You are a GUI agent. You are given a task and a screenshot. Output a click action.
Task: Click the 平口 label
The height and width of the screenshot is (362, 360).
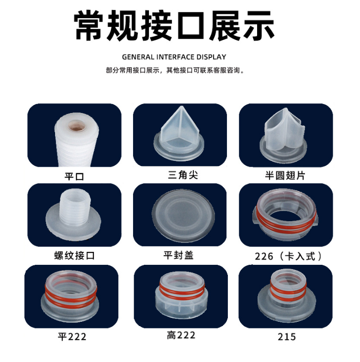point(74,177)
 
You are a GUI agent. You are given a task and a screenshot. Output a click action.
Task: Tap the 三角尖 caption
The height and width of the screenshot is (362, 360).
point(183,175)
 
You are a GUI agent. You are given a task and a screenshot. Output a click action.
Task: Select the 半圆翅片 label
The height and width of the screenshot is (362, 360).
point(285,175)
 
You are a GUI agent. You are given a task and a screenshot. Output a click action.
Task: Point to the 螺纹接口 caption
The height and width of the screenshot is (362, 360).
point(75,256)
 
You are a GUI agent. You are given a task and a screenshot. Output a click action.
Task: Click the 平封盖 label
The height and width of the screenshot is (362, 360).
point(179,255)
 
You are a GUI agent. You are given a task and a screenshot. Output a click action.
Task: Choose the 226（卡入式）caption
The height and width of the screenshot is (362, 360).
point(289,256)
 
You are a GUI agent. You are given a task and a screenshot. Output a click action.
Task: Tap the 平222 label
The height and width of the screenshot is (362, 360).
point(72,337)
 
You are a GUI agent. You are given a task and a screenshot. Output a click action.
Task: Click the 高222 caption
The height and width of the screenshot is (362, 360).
point(181,335)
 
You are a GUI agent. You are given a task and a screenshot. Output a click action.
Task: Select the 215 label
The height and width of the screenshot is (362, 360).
point(287,337)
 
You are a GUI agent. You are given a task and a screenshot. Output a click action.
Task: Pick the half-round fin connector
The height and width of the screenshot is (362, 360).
point(283,135)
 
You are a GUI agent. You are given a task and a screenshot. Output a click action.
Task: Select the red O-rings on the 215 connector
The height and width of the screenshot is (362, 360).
point(287,291)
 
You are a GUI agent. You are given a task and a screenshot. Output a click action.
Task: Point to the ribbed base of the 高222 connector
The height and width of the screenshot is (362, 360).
point(181,304)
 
